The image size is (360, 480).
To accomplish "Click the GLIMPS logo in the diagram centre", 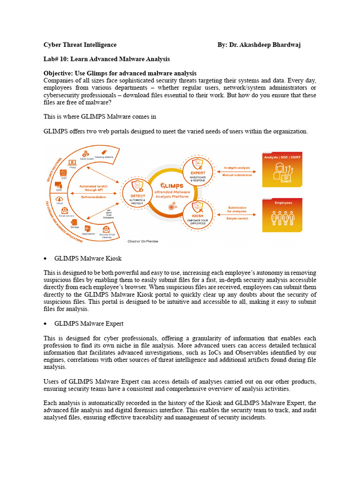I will pyautogui.click(x=169, y=186).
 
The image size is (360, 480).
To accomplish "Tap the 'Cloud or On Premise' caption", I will pyautogui.click(x=143, y=241).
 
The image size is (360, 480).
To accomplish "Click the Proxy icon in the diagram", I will pyautogui.click(x=73, y=162).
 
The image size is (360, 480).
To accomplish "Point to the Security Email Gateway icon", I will pyautogui.click(x=106, y=230).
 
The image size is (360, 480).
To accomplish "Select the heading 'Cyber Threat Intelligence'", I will pyautogui.click(x=80, y=45).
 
